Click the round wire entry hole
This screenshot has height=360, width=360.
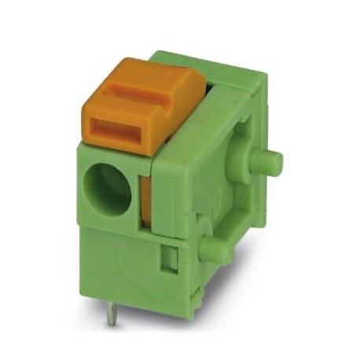tap(108, 188)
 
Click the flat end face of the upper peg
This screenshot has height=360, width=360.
tap(275, 163)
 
